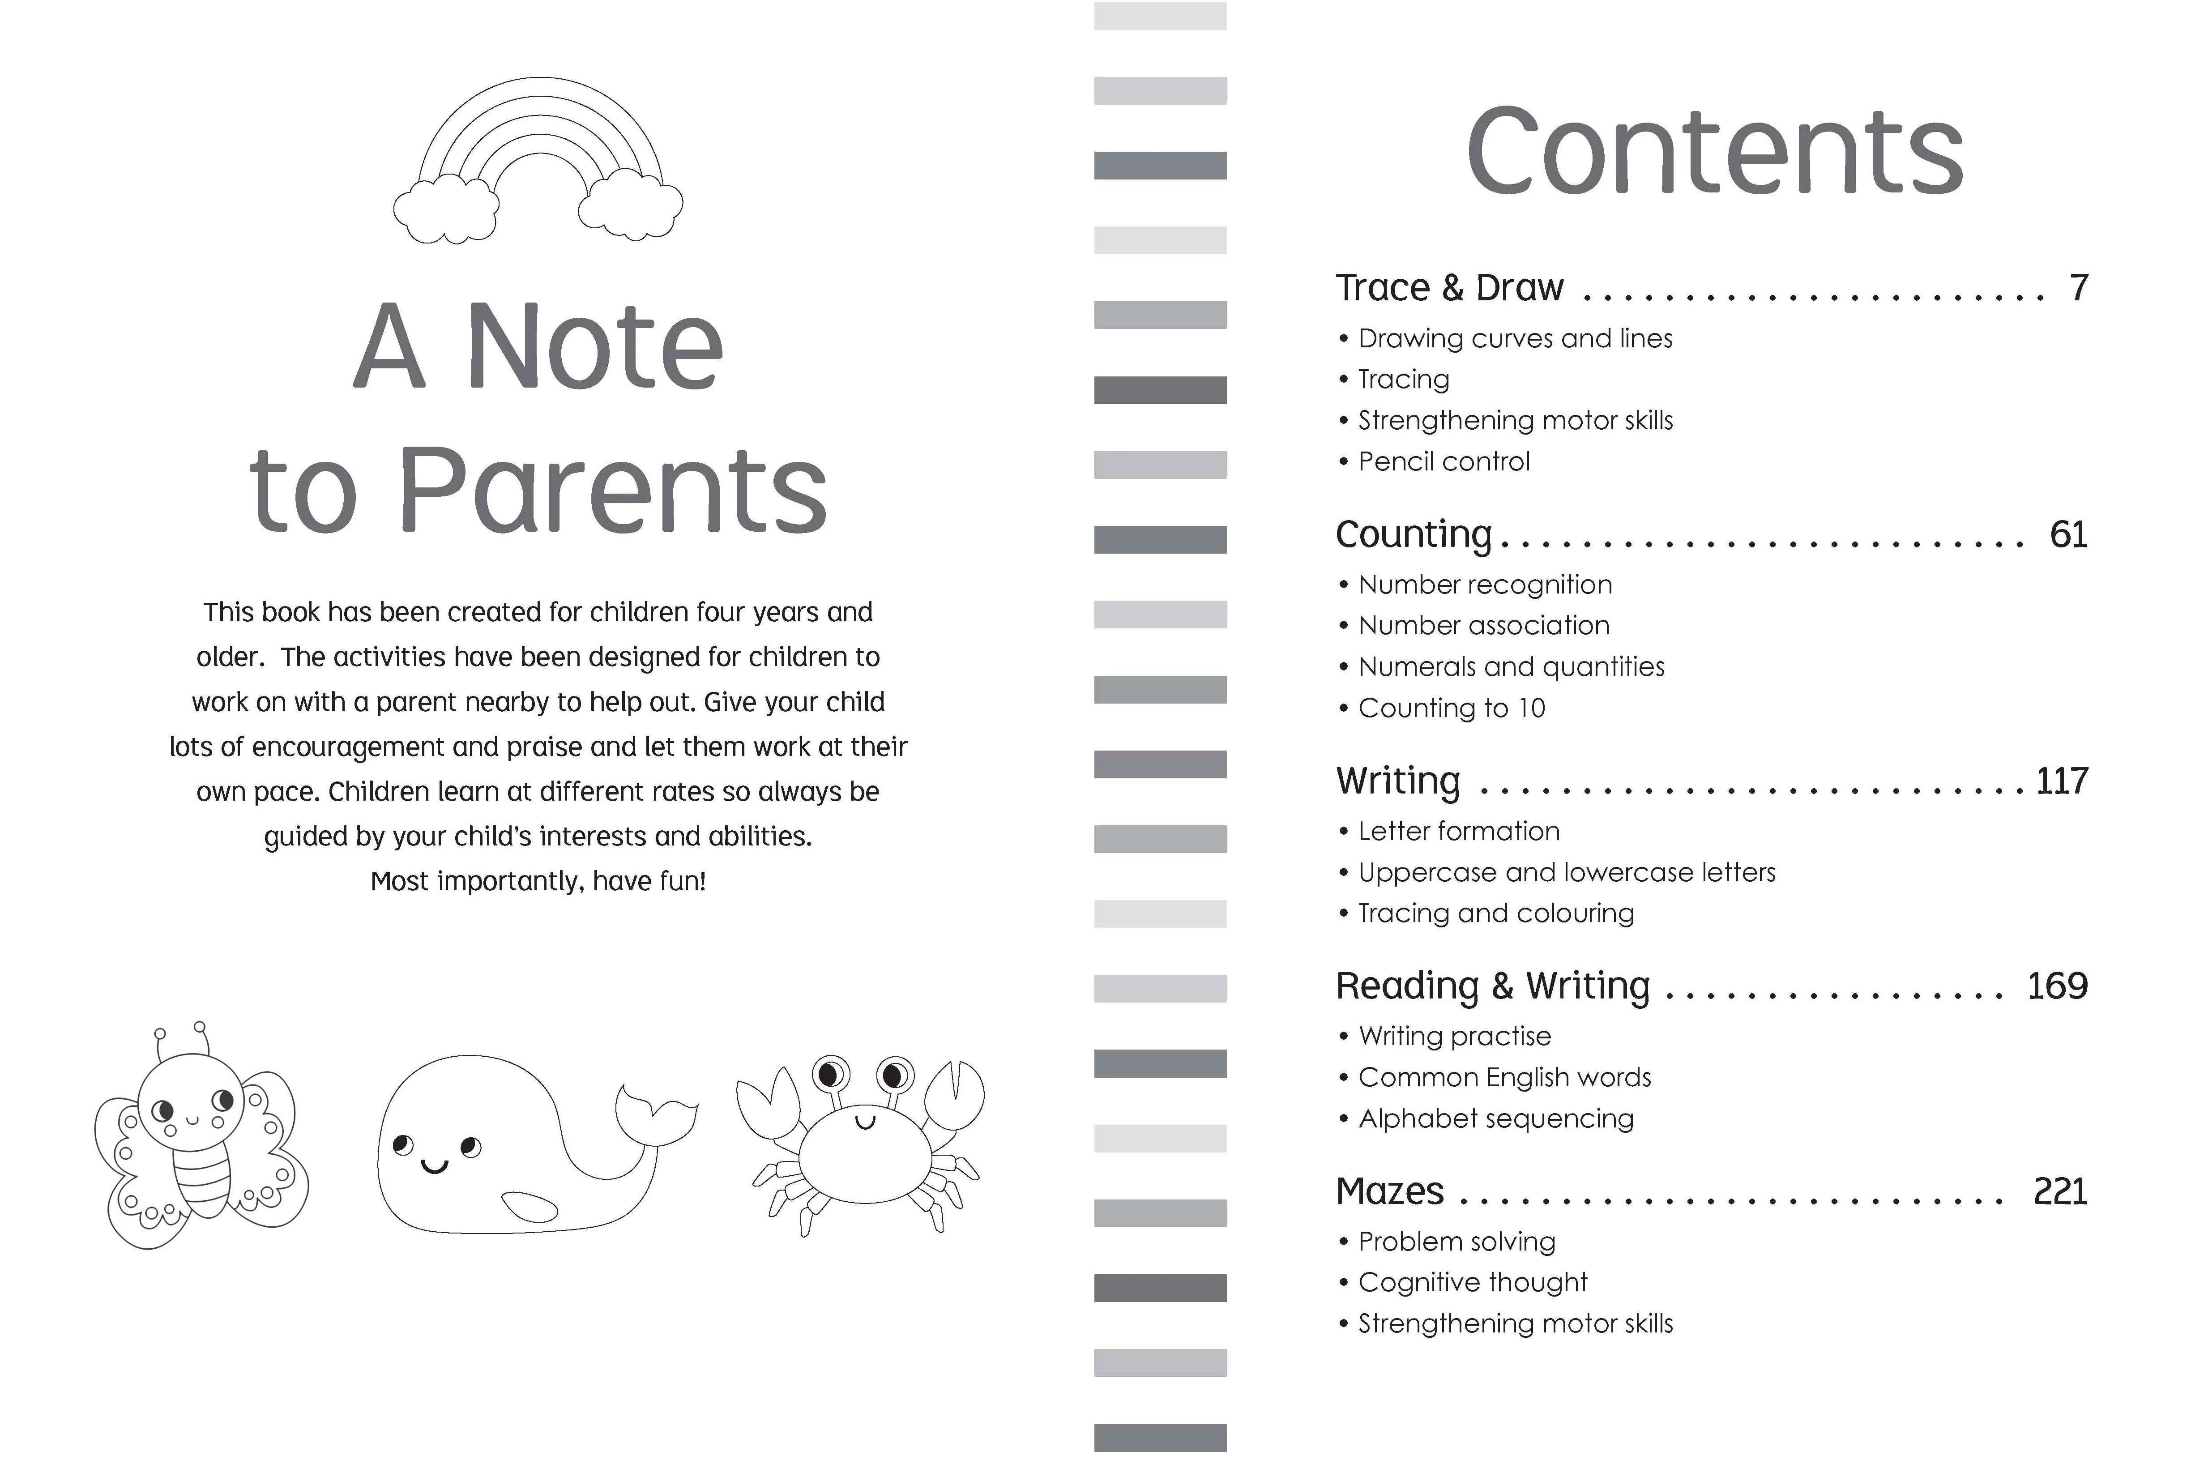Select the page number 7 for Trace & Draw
pos(2078,288)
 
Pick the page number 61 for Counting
pos(2068,534)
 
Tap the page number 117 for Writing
pos(2061,781)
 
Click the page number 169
pos(2057,986)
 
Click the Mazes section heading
pos(1389,1191)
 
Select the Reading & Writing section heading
pos(1492,986)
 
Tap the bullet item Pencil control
pos(1443,461)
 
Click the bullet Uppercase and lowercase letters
pos(1566,872)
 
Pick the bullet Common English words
pos(1504,1077)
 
